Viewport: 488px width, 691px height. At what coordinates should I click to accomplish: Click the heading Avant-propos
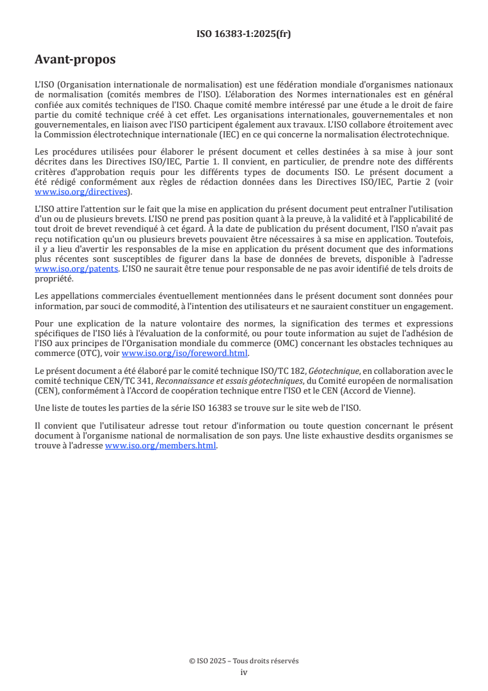75,60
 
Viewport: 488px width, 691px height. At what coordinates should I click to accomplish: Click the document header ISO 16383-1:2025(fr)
244,34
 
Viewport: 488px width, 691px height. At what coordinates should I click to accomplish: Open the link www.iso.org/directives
80,192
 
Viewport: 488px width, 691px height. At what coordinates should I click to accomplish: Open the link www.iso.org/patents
76,269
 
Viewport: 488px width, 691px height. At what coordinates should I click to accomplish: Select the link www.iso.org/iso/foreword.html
185,353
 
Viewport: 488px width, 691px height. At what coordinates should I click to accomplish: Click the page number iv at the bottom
244,672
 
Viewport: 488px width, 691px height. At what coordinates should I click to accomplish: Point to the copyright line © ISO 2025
244,661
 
